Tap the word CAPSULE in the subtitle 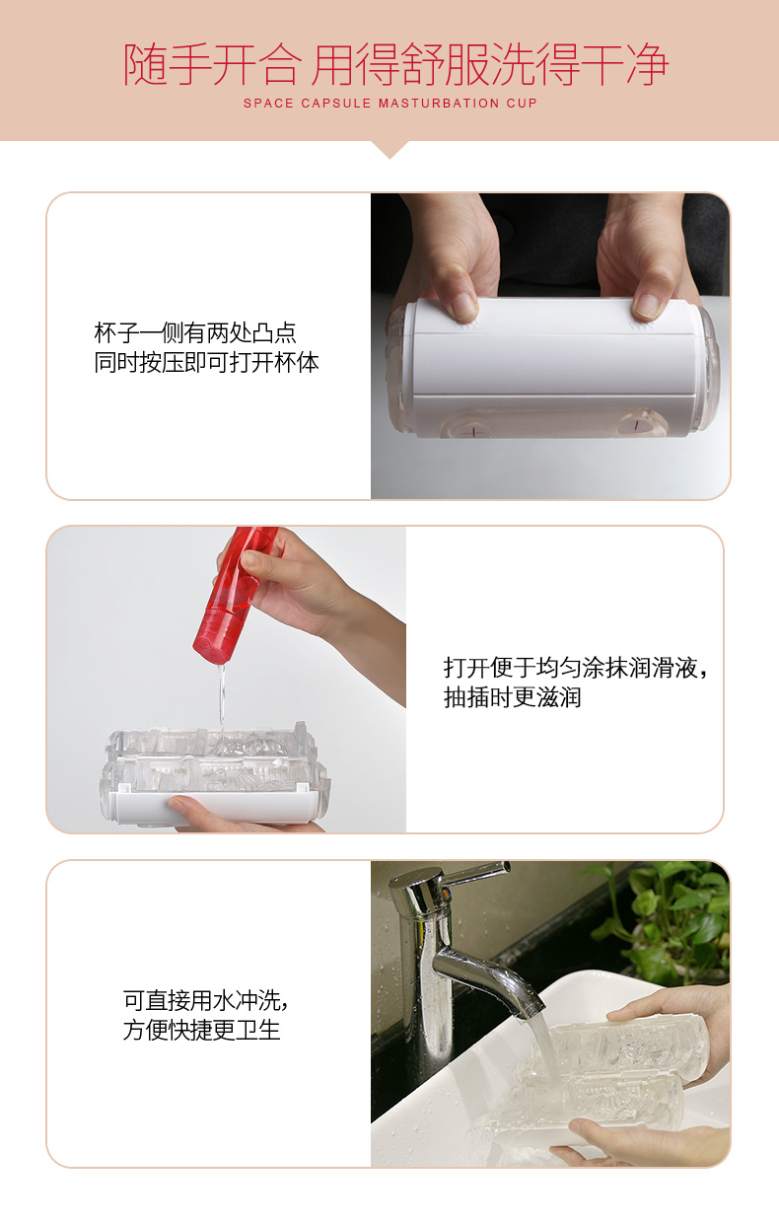click(x=335, y=104)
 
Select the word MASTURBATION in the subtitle click(x=439, y=104)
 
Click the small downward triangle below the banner click(x=389, y=149)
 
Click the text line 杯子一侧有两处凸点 click(x=195, y=332)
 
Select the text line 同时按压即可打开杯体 click(x=207, y=362)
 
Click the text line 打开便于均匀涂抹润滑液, click(x=575, y=668)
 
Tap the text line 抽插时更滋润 click(x=512, y=697)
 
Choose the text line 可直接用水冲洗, click(x=205, y=1000)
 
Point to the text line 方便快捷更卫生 click(x=202, y=1030)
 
